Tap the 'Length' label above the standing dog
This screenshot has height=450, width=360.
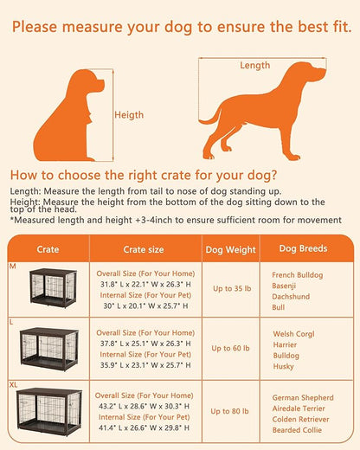point(255,65)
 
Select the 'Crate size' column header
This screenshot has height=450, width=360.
point(143,249)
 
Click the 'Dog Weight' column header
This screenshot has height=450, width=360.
point(230,249)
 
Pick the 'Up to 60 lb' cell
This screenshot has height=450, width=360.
point(230,349)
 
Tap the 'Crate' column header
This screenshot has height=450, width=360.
point(48,249)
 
